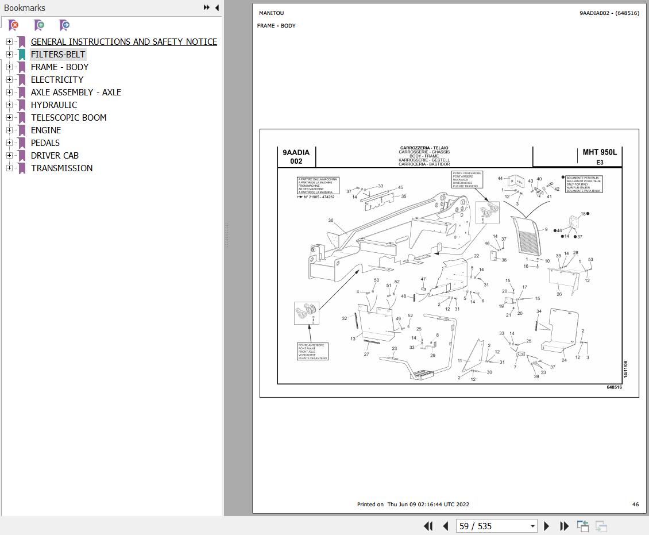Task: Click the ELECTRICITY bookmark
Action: (57, 79)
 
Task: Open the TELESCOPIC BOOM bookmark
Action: (68, 117)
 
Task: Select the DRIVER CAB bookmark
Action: (55, 155)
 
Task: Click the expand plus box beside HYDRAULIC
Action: (9, 105)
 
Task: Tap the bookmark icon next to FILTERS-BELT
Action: (22, 55)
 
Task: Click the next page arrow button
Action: (546, 526)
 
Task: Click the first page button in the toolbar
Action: (428, 526)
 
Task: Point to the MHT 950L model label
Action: (599, 152)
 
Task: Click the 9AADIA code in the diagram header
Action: (296, 152)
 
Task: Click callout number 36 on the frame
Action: (331, 221)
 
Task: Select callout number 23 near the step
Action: (395, 349)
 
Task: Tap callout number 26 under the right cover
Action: (559, 294)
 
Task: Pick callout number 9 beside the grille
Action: (546, 229)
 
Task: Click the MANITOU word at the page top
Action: (271, 13)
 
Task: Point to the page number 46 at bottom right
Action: (635, 505)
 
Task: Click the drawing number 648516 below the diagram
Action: (614, 387)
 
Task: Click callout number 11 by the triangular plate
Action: (460, 360)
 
